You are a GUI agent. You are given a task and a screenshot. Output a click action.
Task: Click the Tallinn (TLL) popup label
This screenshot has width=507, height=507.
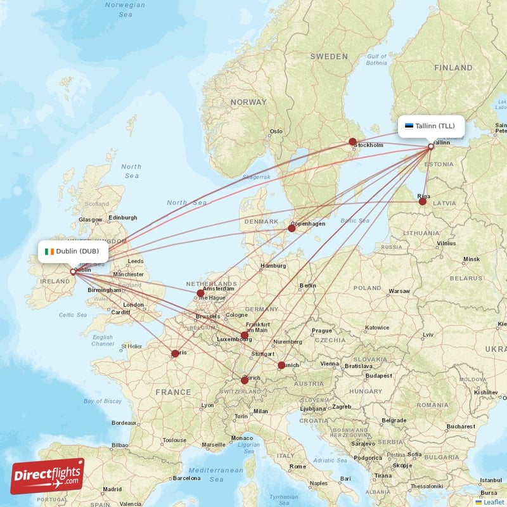(431, 125)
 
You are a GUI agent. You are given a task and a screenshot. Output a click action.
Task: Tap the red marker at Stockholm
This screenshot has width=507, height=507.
(353, 142)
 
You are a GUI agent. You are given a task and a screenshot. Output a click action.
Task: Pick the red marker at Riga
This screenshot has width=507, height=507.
(423, 202)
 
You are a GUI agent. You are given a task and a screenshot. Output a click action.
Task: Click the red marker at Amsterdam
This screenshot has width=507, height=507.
(201, 293)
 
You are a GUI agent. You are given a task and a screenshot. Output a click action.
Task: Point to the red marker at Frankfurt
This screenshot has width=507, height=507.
(245, 335)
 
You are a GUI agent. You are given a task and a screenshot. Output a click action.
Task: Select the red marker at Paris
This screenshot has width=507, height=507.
(175, 354)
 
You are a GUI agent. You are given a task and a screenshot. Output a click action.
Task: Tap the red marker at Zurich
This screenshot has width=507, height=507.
(245, 380)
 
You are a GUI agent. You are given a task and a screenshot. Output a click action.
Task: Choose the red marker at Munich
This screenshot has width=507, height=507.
(281, 365)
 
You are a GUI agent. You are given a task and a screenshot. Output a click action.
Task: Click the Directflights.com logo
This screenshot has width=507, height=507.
(48, 475)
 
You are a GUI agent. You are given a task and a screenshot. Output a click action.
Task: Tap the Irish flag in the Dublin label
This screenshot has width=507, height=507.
(49, 251)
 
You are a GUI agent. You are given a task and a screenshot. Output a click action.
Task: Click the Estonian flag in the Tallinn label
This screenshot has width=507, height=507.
(409, 125)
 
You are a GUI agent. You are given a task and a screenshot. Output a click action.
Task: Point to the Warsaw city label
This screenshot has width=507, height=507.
(399, 292)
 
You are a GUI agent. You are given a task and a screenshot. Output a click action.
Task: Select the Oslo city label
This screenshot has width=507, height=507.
(276, 132)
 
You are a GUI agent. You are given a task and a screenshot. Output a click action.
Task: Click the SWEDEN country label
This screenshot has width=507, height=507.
(329, 56)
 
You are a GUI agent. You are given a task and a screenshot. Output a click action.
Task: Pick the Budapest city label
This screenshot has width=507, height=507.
(378, 375)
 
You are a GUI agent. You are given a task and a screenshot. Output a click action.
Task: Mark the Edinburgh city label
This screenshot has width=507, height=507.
(123, 217)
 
